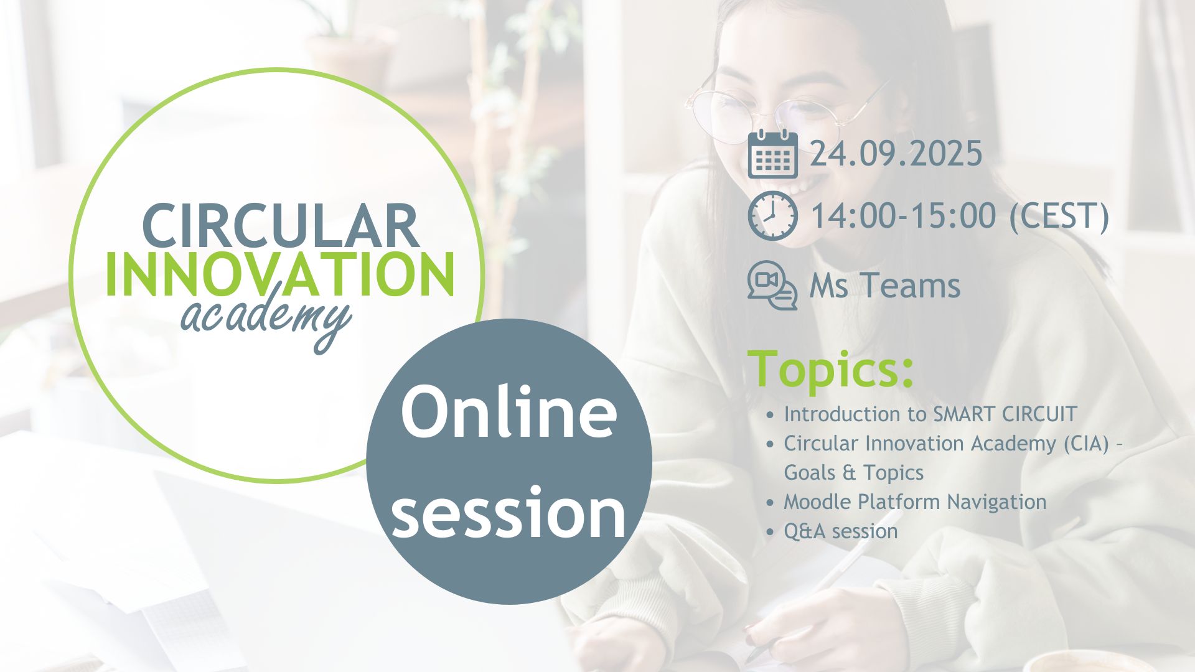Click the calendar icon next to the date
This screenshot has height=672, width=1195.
point(772,154)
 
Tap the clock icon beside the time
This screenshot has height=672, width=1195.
point(772,216)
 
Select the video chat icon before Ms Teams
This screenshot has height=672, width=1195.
point(772,286)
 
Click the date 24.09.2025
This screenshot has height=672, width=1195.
point(896,154)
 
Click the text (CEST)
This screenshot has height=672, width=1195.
point(1059,217)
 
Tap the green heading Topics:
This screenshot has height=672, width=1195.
point(830,370)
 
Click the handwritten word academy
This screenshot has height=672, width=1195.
point(266,320)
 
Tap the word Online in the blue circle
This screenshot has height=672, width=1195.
point(508,411)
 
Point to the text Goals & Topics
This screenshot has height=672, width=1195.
point(853,472)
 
